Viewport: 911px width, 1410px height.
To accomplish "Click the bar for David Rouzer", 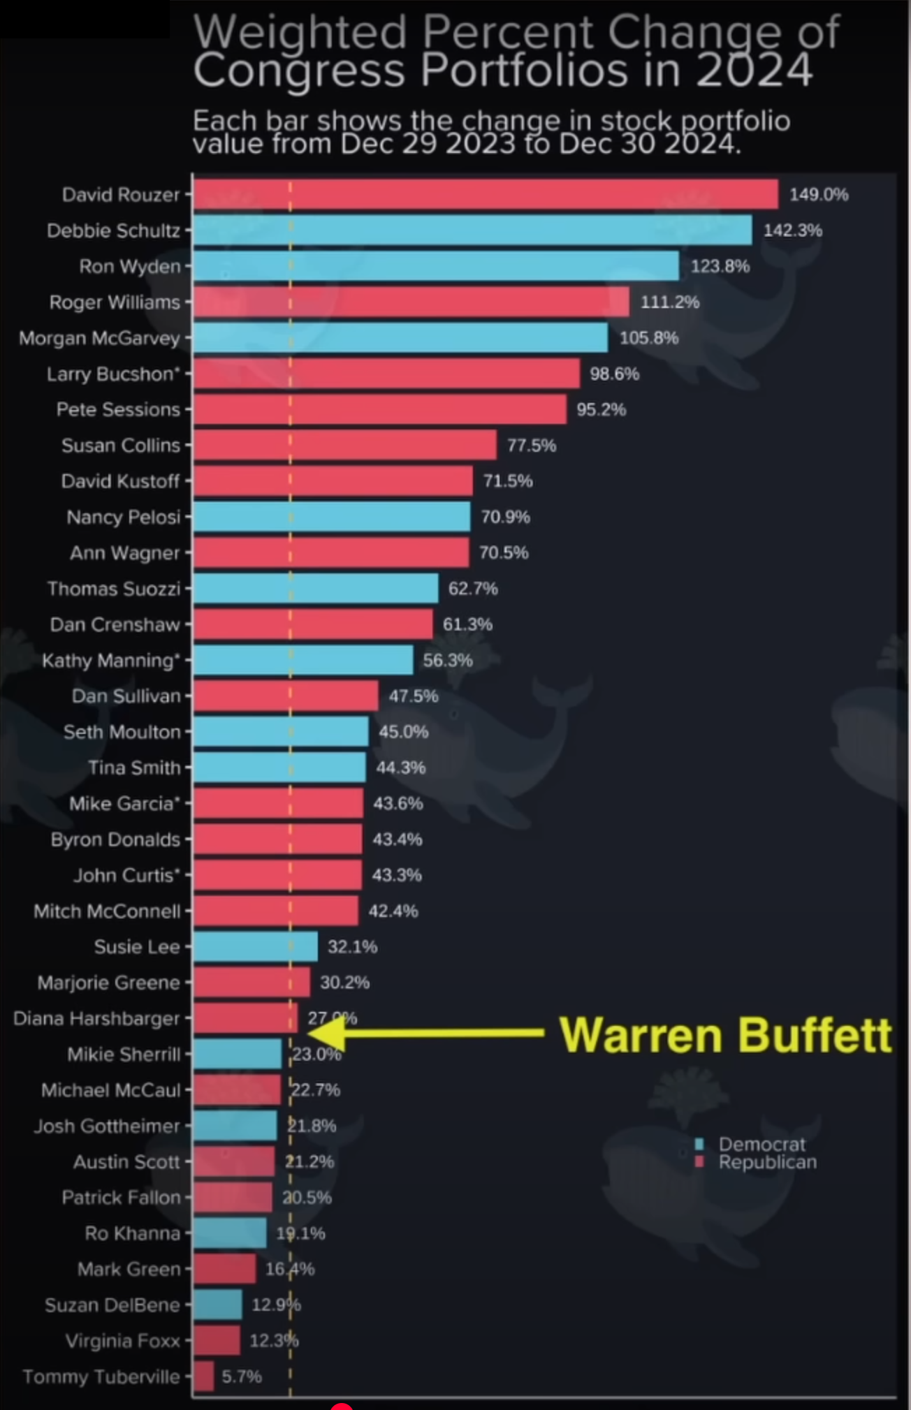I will tap(486, 194).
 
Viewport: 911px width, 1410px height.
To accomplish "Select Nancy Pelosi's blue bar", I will tap(332, 517).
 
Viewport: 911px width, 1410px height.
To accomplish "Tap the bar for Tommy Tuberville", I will tap(203, 1376).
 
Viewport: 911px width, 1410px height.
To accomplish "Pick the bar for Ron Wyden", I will tap(436, 266).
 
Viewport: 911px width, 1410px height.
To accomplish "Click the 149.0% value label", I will tap(819, 194).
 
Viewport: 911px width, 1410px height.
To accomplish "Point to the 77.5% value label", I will tap(532, 446).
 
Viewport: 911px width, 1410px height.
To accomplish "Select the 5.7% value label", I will tap(242, 1376).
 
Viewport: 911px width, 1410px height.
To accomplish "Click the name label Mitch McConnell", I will tap(107, 911).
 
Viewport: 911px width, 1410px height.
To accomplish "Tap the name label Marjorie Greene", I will tap(108, 983).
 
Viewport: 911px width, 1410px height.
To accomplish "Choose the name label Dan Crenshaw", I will tap(115, 624).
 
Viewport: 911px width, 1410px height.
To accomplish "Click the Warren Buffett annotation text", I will tap(725, 1034).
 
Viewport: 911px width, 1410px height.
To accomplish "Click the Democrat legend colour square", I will tap(699, 1144).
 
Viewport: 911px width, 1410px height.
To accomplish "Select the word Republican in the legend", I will tap(767, 1162).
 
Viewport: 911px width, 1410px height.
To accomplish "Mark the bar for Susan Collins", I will tap(344, 445).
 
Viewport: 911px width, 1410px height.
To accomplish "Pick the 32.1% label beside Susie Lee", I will tap(352, 946).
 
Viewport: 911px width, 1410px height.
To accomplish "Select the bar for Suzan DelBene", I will tap(217, 1305).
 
